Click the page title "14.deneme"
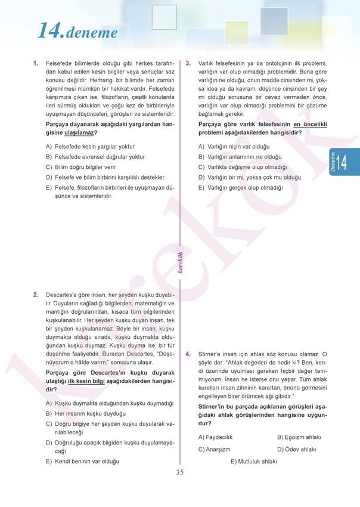coord(77,30)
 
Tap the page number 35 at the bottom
coord(180,473)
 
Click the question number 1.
coord(36,63)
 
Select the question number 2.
coord(36,295)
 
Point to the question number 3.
coord(188,63)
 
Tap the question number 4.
coord(188,354)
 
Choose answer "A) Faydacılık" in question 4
coord(215,437)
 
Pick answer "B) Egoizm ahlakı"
coord(299,437)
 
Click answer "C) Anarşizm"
coord(214,449)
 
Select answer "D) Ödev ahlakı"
coord(296,449)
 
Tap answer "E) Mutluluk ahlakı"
coord(253,461)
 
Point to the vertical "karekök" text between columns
coord(180,262)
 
